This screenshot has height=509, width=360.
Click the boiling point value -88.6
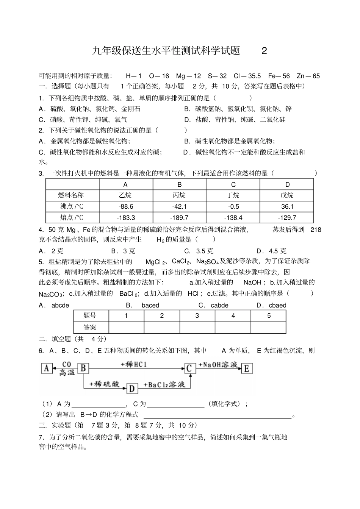pos(126,206)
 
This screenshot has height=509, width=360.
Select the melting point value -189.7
pos(179,217)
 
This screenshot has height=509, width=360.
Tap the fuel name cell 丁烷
pos(233,195)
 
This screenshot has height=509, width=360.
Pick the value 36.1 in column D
pos(287,206)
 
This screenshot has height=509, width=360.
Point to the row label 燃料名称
pos(71,195)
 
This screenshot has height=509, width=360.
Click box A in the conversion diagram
pos(47,368)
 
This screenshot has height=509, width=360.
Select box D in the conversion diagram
pos(132,389)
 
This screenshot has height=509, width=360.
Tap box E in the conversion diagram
pos(247,368)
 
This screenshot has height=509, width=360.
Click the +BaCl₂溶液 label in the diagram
pos(164,385)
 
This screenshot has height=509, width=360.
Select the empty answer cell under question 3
pos(197,328)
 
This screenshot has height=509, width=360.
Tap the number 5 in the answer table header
pos(269,315)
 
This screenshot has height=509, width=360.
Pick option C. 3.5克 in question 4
pos(199,251)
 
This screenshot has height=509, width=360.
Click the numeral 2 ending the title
pos(264,51)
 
